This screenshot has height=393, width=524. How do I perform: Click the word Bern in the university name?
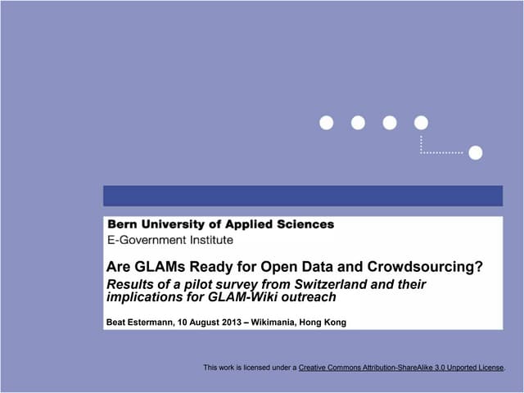[122, 224]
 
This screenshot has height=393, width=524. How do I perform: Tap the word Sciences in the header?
[303, 224]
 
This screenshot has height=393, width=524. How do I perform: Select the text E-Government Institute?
[170, 240]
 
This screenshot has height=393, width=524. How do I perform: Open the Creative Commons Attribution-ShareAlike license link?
[400, 368]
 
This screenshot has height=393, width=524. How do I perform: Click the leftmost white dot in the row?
[327, 123]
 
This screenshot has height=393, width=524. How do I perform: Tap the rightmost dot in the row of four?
[421, 123]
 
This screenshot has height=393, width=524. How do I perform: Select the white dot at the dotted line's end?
[475, 152]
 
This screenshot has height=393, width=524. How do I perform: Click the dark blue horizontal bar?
[302, 196]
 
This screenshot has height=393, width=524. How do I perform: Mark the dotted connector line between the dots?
[442, 152]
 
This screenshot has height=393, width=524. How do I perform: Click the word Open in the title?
[280, 266]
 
